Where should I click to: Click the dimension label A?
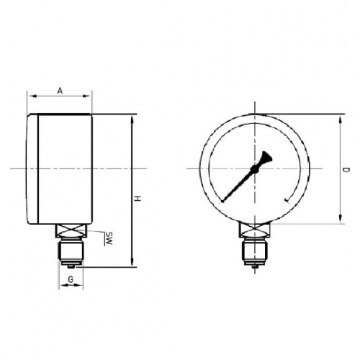tap(60, 91)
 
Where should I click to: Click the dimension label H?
tap(138, 199)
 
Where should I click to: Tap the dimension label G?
tap(71, 279)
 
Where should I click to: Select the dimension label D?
tap(346, 170)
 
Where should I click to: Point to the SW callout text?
tap(109, 238)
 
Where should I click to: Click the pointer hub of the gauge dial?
tap(254, 169)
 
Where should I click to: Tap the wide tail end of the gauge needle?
tap(267, 157)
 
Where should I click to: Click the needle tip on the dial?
tap(222, 202)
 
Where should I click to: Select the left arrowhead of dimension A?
tap(32, 96)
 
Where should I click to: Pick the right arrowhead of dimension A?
tap(86, 96)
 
